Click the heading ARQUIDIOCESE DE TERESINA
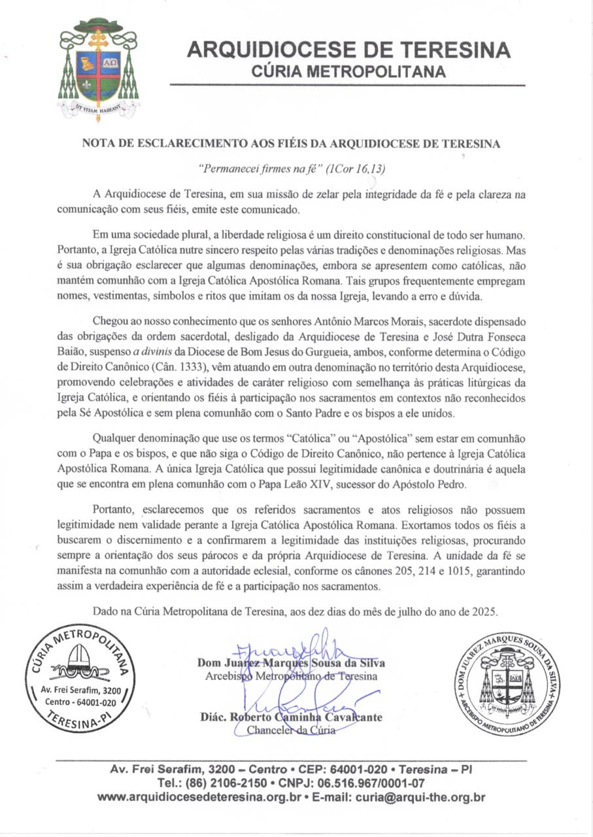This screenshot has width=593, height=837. click(x=348, y=50)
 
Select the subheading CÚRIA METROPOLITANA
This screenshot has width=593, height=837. click(x=348, y=71)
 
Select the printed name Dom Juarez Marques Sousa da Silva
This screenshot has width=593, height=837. click(x=291, y=662)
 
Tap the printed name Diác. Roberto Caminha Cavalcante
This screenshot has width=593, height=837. click(x=291, y=717)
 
